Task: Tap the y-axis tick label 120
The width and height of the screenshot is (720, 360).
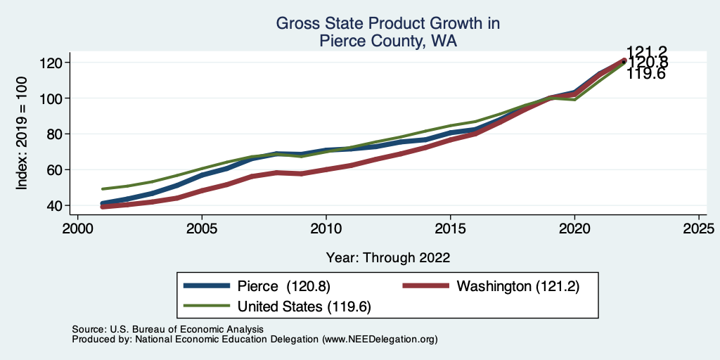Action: (x=53, y=63)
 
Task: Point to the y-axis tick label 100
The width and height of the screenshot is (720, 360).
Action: (x=53, y=98)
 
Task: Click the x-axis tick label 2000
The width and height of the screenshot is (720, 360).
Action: (x=77, y=230)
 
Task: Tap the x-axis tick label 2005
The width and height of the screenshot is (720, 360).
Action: (x=202, y=230)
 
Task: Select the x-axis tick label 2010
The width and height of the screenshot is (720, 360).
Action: (x=326, y=230)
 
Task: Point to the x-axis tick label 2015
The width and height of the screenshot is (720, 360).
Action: (x=450, y=230)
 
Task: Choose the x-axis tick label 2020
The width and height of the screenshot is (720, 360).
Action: (x=574, y=230)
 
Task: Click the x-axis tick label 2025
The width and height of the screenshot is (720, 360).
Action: (x=698, y=230)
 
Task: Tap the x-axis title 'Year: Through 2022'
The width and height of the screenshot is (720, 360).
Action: (x=387, y=257)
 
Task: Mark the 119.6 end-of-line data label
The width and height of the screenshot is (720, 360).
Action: (x=646, y=74)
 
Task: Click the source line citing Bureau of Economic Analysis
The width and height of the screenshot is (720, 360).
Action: (x=167, y=329)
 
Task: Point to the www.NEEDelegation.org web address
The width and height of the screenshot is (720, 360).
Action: (x=380, y=339)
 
